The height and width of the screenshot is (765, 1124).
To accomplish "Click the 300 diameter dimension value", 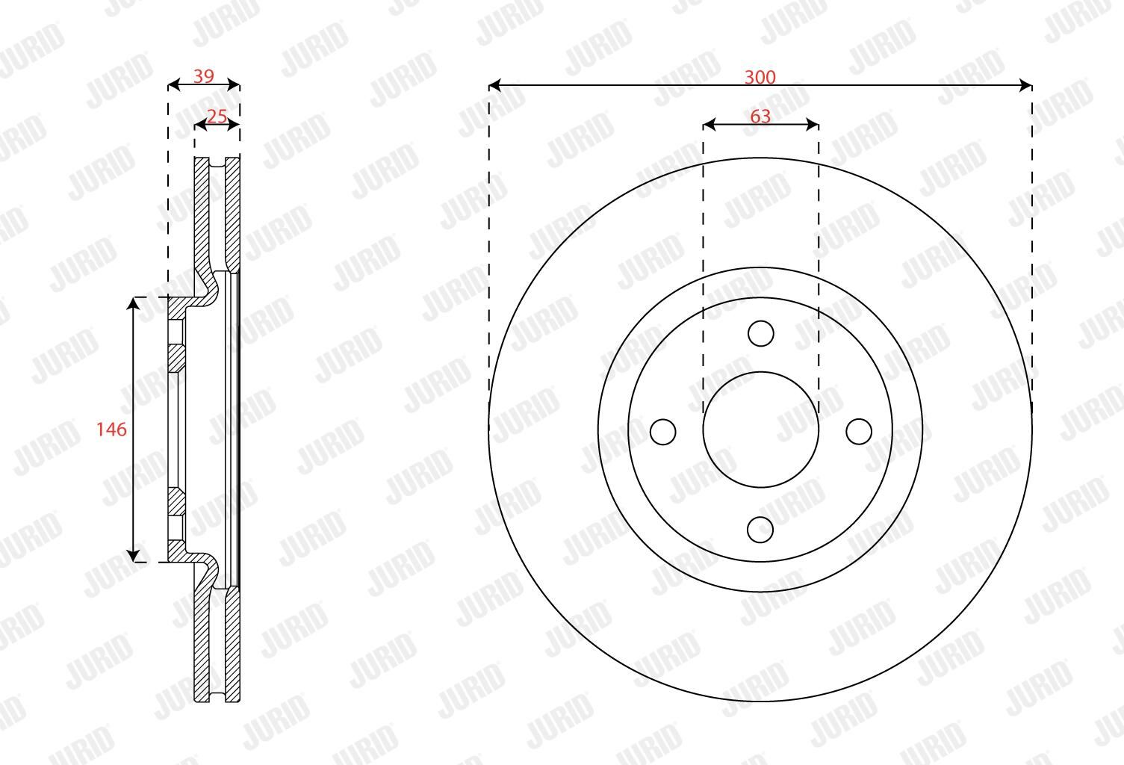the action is point(760,77).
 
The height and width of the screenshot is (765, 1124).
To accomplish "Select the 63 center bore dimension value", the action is point(760,116).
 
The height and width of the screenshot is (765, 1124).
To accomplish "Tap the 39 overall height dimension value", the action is point(204,76).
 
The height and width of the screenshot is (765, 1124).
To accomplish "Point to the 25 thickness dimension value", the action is point(217,117).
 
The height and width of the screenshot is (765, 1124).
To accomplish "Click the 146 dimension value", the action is point(111,429).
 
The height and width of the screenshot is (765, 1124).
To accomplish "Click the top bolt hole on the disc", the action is point(761,333).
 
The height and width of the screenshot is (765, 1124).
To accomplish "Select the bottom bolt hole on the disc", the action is point(760,530).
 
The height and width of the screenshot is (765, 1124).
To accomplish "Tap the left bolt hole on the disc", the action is point(663,432).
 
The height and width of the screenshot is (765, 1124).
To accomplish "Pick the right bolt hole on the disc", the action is point(859,432).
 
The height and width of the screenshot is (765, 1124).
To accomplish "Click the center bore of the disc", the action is point(761,430).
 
